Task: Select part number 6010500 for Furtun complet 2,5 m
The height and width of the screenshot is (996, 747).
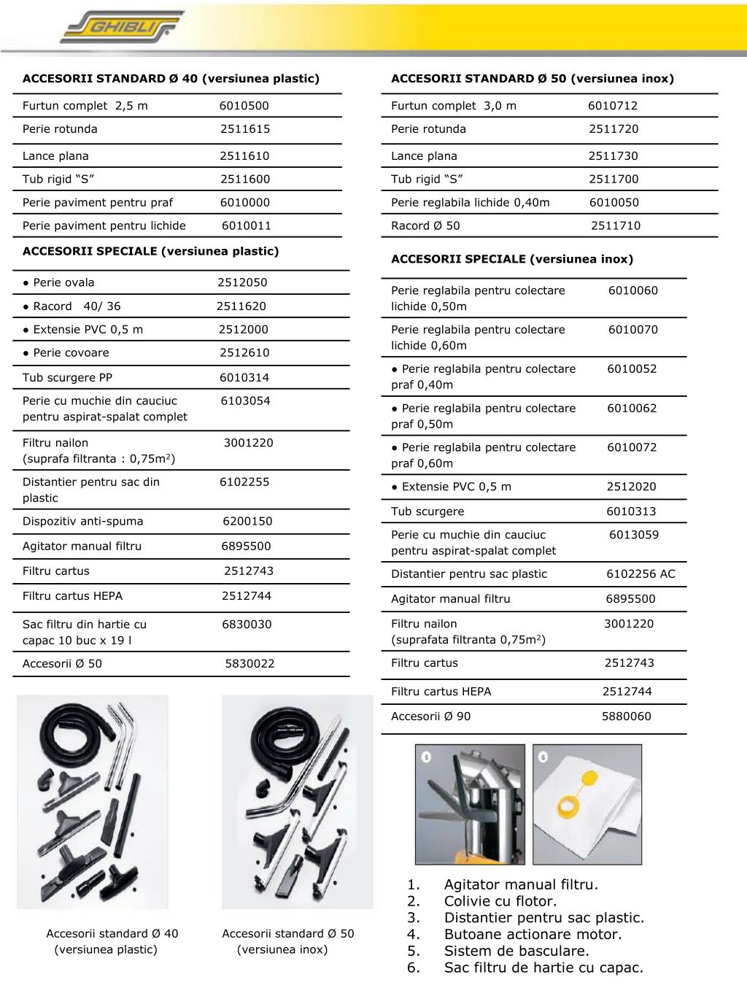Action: coord(244,106)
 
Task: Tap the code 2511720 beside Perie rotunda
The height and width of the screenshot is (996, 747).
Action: coord(614,129)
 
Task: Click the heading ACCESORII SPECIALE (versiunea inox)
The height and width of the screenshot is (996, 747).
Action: coord(512,259)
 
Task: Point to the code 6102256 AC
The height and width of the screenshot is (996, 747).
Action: coord(640,574)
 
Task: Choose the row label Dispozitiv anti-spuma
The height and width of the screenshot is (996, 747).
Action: coord(83,521)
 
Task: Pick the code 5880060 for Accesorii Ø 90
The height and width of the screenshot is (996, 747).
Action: coord(626,717)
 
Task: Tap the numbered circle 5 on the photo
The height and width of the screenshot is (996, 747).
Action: coord(426,756)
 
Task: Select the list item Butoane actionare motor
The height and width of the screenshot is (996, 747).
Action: coord(533,935)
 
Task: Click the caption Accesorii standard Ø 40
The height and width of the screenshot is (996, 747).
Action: coord(112,933)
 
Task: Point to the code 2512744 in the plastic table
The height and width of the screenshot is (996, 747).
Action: coord(247,596)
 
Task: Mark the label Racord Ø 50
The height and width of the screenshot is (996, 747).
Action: coord(425,225)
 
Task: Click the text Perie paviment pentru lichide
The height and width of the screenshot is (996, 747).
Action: coord(104,225)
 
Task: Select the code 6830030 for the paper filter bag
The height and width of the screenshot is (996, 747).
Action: coord(247,625)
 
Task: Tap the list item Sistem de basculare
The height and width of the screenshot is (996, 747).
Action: coord(516,951)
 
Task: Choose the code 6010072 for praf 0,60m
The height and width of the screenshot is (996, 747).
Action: coord(632,447)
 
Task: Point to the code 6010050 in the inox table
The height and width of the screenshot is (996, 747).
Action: coord(614,203)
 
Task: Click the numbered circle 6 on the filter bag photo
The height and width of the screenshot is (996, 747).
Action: coord(543,756)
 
